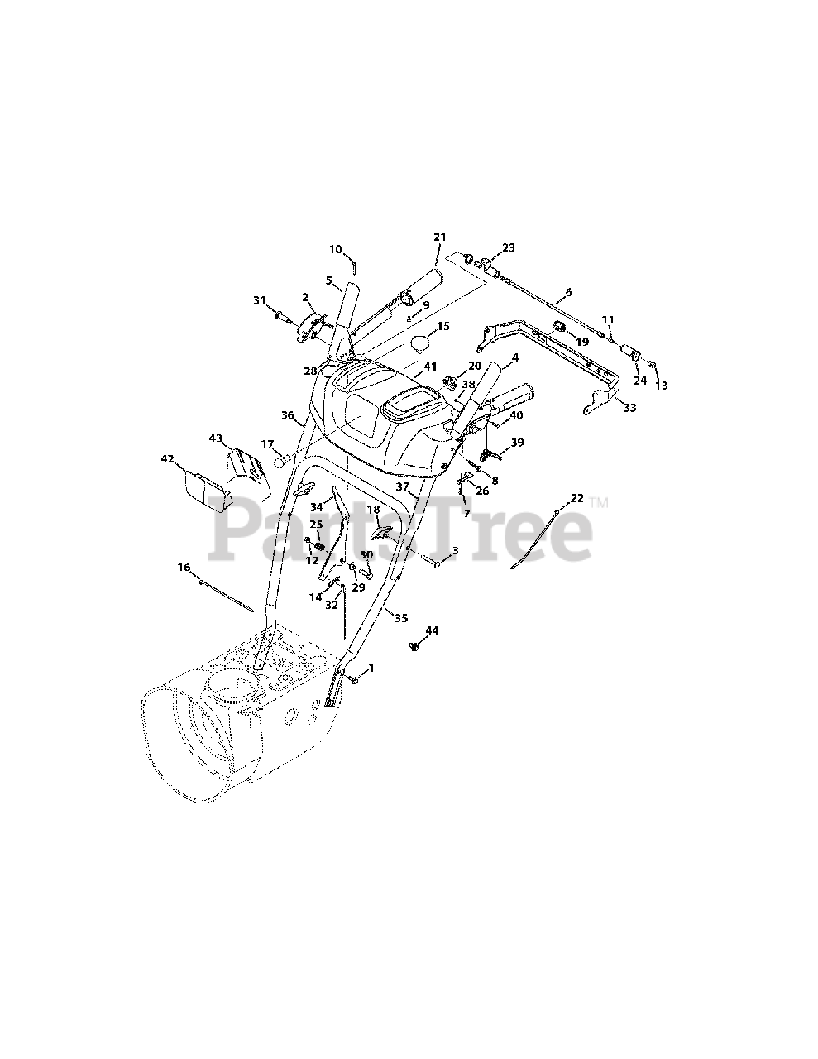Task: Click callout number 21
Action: pyautogui.click(x=439, y=237)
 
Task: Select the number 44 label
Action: pyautogui.click(x=432, y=630)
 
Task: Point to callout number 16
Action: pyautogui.click(x=184, y=568)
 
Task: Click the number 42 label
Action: pyautogui.click(x=167, y=459)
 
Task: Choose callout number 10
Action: pyautogui.click(x=335, y=248)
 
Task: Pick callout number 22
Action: pyautogui.click(x=576, y=498)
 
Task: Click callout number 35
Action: pyautogui.click(x=400, y=617)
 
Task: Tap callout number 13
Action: pyautogui.click(x=661, y=386)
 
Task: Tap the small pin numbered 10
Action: pyautogui.click(x=354, y=266)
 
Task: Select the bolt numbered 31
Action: pyautogui.click(x=284, y=315)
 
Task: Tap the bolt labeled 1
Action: pyautogui.click(x=353, y=678)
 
